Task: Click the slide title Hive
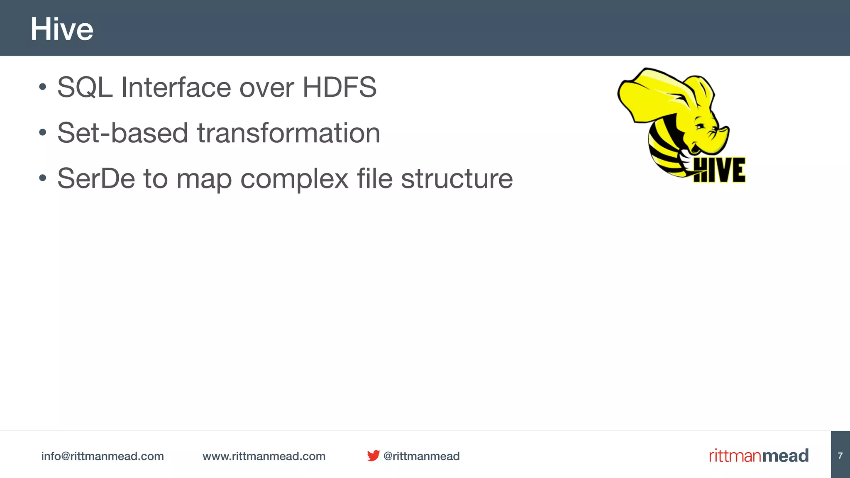point(62,29)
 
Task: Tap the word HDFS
point(339,88)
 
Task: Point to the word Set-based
point(122,133)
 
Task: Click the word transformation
point(288,133)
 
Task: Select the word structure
point(457,179)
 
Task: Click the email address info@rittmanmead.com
point(103,456)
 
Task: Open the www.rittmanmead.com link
point(264,456)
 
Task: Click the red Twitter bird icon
point(373,456)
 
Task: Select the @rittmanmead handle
point(421,456)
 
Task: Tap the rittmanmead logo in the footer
point(759,456)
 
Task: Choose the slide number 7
point(840,456)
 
